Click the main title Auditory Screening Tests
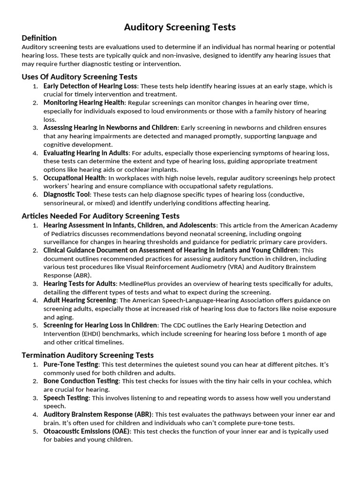click(x=180, y=28)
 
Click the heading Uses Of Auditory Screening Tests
click(x=79, y=76)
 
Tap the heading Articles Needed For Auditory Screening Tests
click(x=100, y=216)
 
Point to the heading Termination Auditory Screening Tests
click(x=87, y=355)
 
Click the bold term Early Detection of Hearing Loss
click(x=90, y=86)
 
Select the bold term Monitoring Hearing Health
click(x=84, y=103)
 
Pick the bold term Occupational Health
click(x=74, y=178)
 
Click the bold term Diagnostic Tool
click(x=67, y=195)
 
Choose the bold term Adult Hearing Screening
click(x=80, y=300)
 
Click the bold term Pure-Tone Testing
click(x=71, y=364)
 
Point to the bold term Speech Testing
click(x=66, y=398)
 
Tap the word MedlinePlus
click(x=140, y=284)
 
